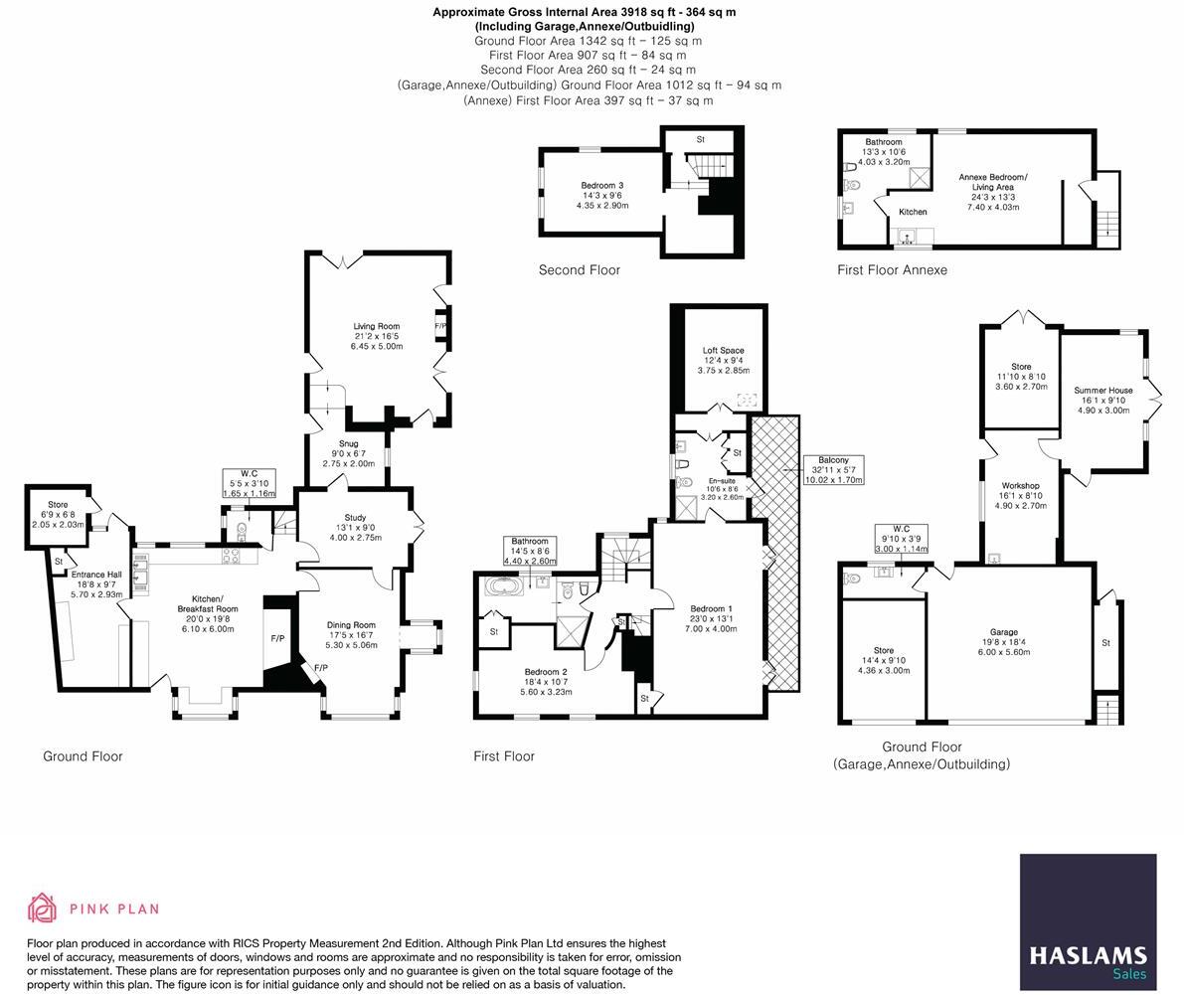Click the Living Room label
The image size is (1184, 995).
[376, 336]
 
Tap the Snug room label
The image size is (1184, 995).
[348, 453]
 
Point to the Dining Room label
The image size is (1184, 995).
[351, 634]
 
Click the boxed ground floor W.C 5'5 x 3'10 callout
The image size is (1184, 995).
[248, 483]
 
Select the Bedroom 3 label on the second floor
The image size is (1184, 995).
[601, 195]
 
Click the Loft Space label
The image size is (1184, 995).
[723, 360]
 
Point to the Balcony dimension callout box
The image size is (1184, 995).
[833, 470]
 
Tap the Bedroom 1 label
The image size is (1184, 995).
[711, 618]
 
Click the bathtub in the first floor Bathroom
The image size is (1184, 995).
[507, 585]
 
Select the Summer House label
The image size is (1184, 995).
[1102, 400]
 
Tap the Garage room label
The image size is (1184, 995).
[1003, 642]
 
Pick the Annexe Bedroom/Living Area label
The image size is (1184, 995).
[992, 187]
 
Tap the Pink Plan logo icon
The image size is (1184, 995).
[43, 908]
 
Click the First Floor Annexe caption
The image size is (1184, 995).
[892, 270]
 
